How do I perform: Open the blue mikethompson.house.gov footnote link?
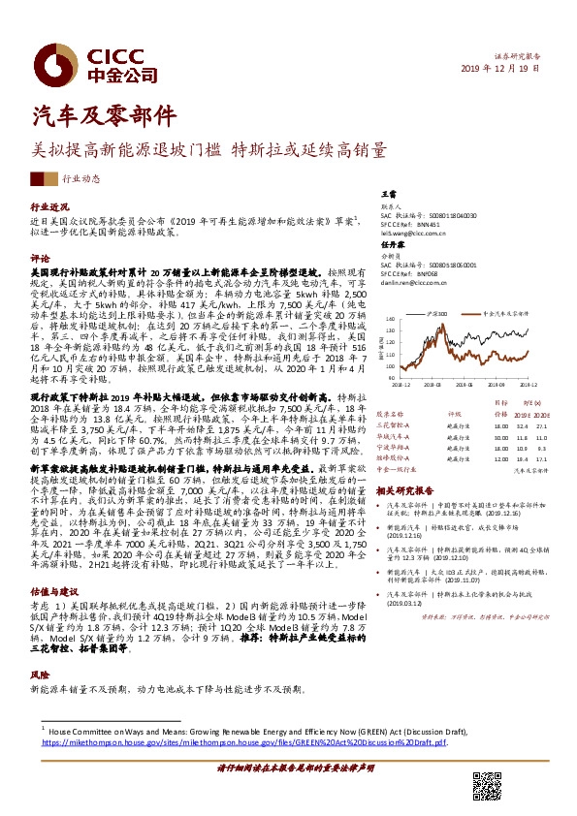click(x=242, y=742)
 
